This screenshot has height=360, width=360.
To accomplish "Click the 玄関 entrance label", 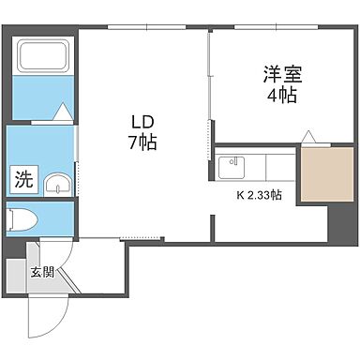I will click(41, 273).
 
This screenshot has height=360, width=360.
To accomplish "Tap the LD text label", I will click(142, 123).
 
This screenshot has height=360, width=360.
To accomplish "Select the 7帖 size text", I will click(142, 143).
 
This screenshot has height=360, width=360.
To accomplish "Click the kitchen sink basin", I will click(230, 168).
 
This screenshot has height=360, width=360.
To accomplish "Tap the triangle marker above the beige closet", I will click(308, 137).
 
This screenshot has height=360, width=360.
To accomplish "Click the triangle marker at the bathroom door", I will click(60, 113).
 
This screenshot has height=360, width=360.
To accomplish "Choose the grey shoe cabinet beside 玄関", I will click(14, 274).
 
